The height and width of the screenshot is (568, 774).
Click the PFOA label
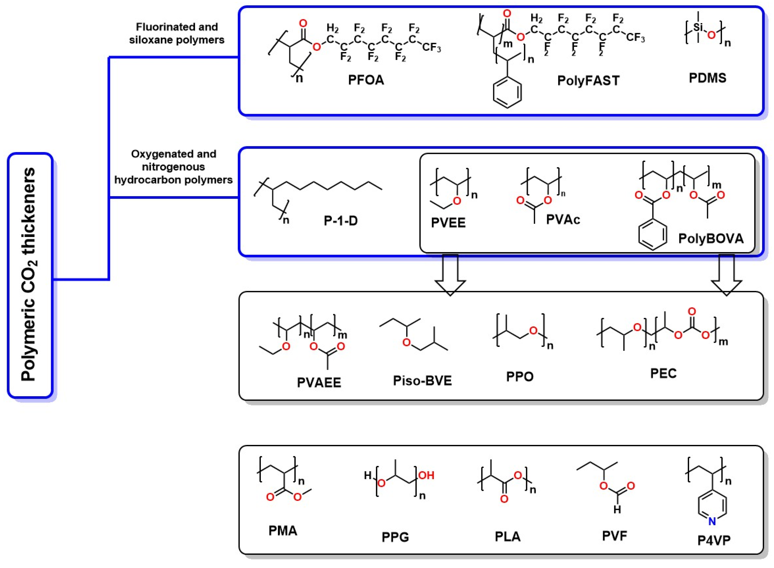click(366, 80)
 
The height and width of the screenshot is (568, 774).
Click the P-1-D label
click(341, 221)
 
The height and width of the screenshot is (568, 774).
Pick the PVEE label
click(448, 223)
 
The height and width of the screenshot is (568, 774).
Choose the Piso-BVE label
click(422, 381)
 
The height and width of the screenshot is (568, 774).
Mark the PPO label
click(520, 377)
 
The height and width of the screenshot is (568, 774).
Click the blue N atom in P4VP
click(712, 522)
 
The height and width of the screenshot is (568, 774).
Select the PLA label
click(508, 537)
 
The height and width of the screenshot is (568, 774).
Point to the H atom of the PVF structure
click(617, 509)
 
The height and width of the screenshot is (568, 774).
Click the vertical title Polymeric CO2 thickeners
click(29, 275)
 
